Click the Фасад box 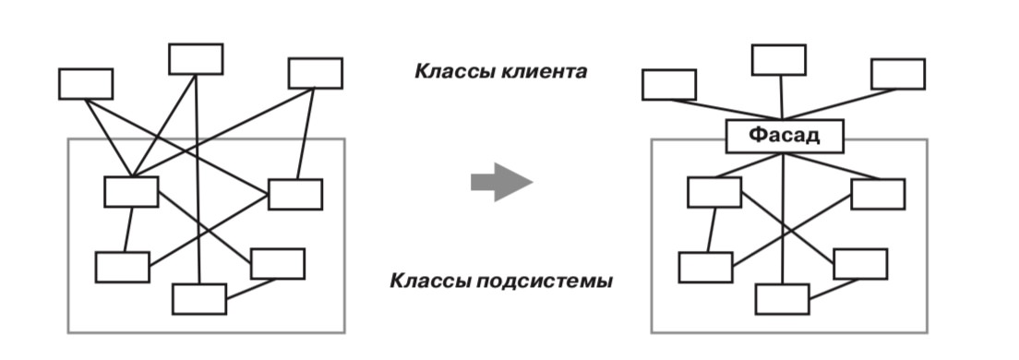(x=785, y=137)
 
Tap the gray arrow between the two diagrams (x=502, y=182)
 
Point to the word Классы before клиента (x=456, y=71)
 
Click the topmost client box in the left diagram (x=196, y=59)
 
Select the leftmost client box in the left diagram (x=86, y=84)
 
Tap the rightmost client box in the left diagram (x=315, y=74)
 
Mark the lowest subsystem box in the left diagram (x=199, y=299)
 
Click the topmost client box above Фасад (x=779, y=60)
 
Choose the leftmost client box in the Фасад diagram (x=668, y=85)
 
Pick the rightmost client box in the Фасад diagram (x=898, y=74)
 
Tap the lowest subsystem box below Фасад (x=783, y=299)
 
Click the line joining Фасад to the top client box (x=781, y=98)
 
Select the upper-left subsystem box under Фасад (x=714, y=192)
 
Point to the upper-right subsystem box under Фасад (x=878, y=194)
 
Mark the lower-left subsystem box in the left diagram (x=122, y=267)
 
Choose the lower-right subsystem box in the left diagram (x=278, y=264)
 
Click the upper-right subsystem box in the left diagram (x=295, y=194)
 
